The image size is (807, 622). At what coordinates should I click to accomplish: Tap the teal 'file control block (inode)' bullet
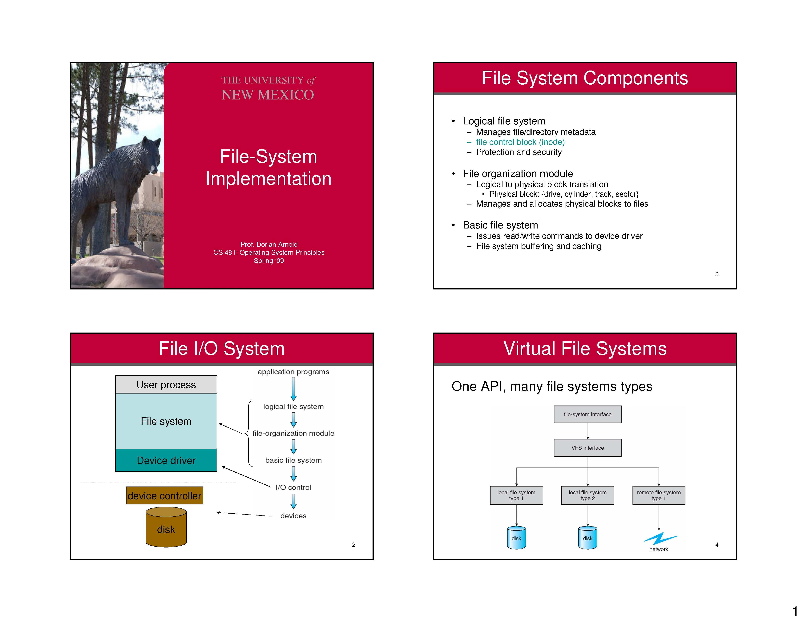point(520,142)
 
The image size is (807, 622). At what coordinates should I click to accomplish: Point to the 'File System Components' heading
point(585,78)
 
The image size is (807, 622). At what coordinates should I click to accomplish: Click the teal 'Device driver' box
point(166,460)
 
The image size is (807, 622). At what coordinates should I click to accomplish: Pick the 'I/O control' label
point(293,487)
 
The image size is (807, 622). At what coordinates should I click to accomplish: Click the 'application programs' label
point(293,371)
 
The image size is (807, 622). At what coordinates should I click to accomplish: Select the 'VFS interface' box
point(587,448)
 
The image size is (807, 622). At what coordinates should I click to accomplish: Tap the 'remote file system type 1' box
point(658,495)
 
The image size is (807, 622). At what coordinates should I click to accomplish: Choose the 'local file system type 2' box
point(587,495)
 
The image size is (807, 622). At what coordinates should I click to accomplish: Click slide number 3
point(716,274)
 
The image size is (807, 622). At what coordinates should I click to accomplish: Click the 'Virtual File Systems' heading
point(585,349)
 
